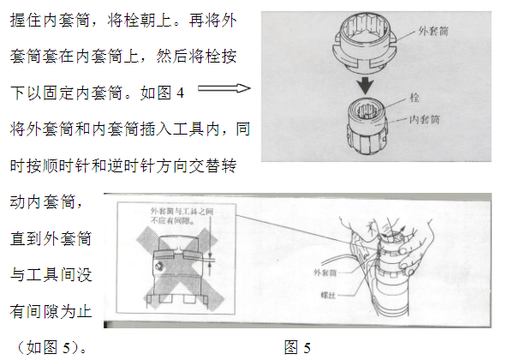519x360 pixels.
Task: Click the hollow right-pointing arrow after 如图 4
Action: [224, 88]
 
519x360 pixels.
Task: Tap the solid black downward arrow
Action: [366, 86]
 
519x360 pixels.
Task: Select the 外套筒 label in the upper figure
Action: [433, 31]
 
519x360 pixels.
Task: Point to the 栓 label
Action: [415, 98]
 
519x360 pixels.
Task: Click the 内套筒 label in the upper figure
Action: [424, 119]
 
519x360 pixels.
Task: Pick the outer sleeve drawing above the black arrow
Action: [364, 43]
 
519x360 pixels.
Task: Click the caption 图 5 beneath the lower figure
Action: [297, 347]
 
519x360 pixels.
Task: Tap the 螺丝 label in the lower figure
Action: [328, 295]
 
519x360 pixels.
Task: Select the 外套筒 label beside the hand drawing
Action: [325, 273]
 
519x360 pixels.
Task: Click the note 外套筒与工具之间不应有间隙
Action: [182, 216]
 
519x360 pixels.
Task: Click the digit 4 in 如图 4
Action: [180, 93]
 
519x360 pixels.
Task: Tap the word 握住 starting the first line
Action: [26, 21]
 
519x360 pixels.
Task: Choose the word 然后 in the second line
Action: [172, 57]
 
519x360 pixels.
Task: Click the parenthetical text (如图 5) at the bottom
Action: [51, 347]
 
